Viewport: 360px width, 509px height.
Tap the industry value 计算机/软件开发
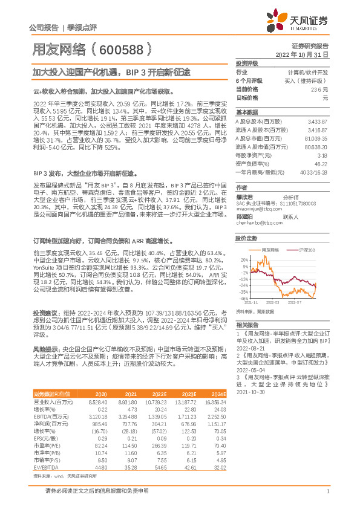(307, 72)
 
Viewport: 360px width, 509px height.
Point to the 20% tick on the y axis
(244, 258)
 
